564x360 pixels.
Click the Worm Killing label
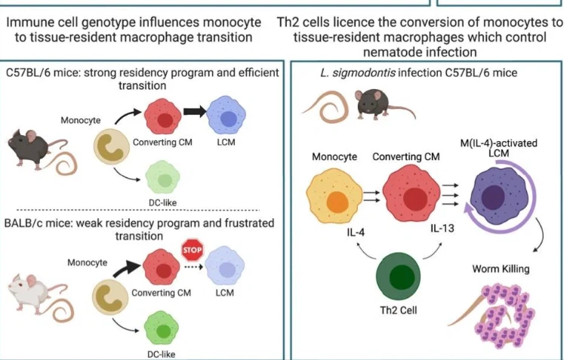tap(501, 268)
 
